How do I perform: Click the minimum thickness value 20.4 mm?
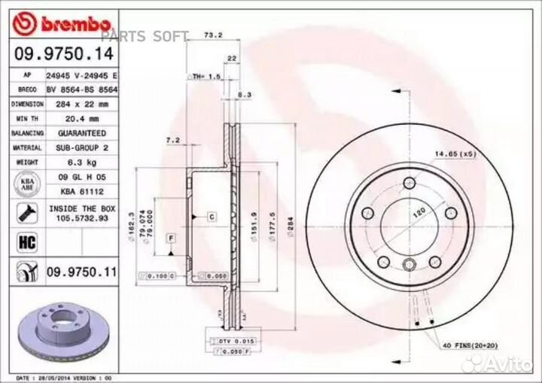(x=74, y=119)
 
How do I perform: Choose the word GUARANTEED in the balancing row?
(x=78, y=133)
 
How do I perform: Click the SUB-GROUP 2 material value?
(x=78, y=148)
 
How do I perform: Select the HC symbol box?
(x=23, y=241)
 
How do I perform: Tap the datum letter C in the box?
(x=212, y=217)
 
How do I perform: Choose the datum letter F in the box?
(x=171, y=239)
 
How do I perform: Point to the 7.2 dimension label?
(x=172, y=140)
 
